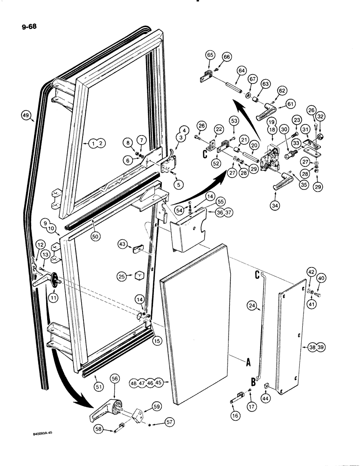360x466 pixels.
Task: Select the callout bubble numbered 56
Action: [x=115, y=379]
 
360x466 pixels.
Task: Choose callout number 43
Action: [x=122, y=244]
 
